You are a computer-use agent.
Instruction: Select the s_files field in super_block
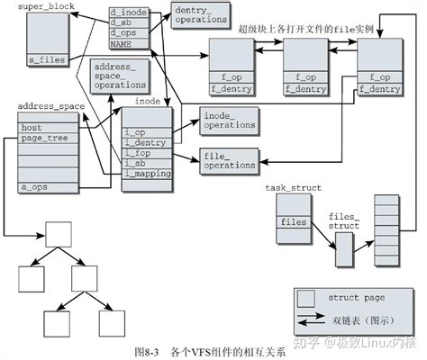click(x=48, y=59)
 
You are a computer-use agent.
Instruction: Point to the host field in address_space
click(x=32, y=129)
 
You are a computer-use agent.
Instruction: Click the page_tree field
click(x=40, y=139)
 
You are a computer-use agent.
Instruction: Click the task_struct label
click(x=294, y=187)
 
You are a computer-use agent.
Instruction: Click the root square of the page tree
click(x=59, y=236)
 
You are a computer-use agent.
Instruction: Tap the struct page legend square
click(x=308, y=298)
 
